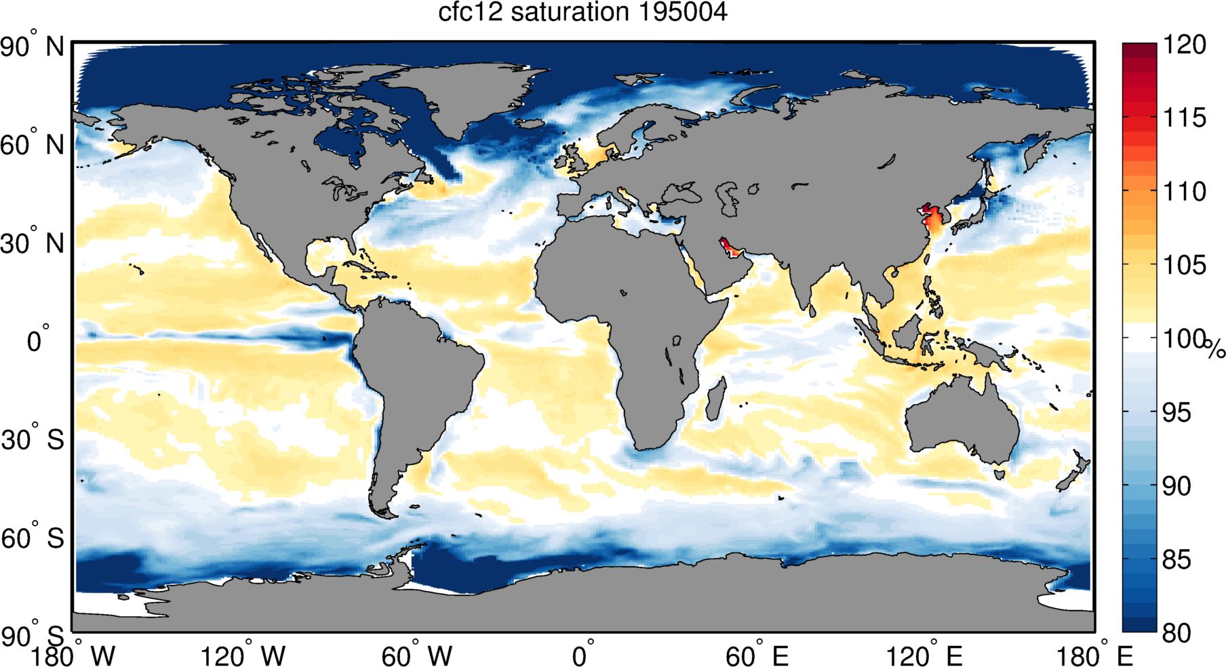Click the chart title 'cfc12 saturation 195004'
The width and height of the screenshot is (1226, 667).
coord(582,12)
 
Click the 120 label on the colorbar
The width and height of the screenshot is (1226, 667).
coord(1185,45)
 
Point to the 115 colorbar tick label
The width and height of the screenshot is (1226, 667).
coord(1185,118)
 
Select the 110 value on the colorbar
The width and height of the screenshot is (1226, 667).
coord(1185,191)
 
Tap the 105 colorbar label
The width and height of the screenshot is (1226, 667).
coord(1185,265)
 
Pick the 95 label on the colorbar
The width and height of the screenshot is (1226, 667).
coord(1176,412)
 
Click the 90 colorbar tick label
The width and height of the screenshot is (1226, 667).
coord(1176,486)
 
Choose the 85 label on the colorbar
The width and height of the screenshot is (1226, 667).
coord(1176,560)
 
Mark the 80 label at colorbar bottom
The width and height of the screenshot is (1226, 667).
coord(1176,633)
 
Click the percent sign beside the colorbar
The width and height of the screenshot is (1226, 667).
coord(1216,350)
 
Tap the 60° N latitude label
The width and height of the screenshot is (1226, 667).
coord(32,144)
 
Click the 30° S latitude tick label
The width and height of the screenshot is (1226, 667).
coord(33,440)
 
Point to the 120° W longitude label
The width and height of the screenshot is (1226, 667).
coord(243,656)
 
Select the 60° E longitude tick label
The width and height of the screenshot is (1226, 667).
coord(757,656)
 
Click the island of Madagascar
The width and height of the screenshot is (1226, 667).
coord(715,400)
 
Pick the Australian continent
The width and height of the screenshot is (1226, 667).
coord(963,417)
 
